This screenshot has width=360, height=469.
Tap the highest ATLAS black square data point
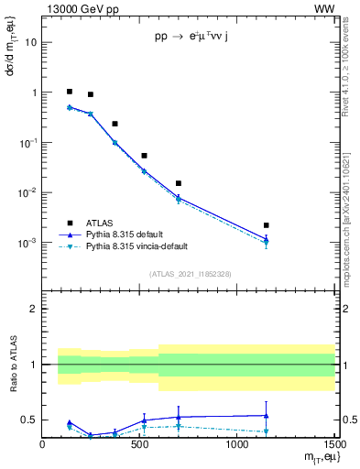click(x=70, y=92)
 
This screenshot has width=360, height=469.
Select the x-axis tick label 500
click(x=140, y=445)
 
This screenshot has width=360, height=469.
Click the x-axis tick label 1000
click(x=236, y=445)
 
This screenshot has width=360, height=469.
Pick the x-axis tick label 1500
click(x=333, y=445)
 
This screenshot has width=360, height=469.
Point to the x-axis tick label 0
click(x=43, y=445)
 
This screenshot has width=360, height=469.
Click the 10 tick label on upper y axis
click(x=30, y=42)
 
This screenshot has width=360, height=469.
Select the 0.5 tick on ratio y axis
click(x=29, y=420)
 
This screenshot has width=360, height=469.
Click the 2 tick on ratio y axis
click(x=34, y=309)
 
